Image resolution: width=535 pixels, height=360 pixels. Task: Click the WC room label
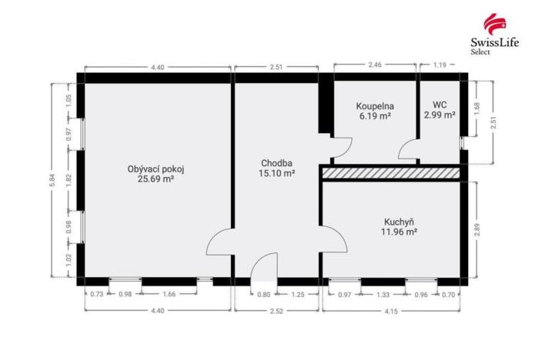(x=440, y=105)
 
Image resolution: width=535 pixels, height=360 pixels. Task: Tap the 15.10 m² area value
(x=278, y=174)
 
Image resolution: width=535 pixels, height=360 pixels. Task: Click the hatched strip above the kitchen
(x=393, y=174)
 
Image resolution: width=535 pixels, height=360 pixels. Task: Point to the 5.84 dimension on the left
(x=52, y=181)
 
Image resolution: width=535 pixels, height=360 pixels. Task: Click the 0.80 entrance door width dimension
(x=264, y=295)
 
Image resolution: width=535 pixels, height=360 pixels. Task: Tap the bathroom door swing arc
(x=343, y=146)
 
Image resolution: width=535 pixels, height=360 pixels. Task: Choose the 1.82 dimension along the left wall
(x=69, y=179)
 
